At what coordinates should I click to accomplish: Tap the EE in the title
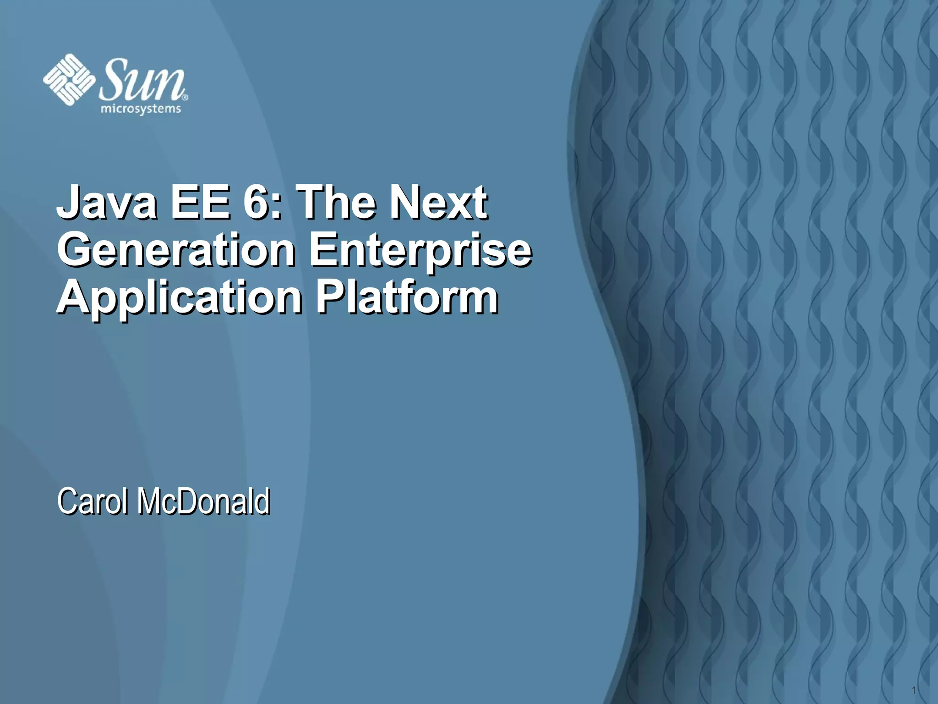tap(200, 202)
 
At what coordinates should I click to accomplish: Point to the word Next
tap(437, 202)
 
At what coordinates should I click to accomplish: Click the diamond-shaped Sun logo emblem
tap(69, 80)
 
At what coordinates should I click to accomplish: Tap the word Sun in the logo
tap(142, 80)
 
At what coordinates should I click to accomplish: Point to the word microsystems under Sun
tap(141, 110)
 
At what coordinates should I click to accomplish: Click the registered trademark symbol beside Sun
tap(185, 97)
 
